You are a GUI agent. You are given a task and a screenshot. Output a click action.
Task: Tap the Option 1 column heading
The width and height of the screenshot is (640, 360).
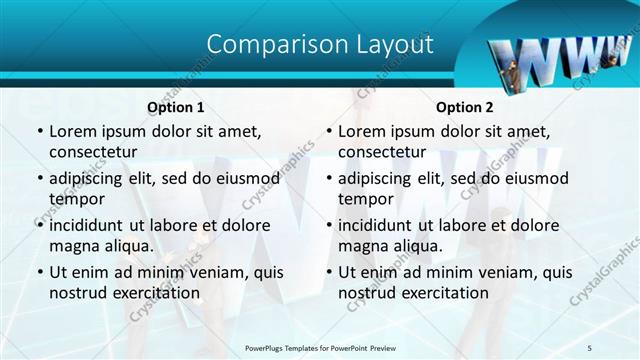tap(176, 107)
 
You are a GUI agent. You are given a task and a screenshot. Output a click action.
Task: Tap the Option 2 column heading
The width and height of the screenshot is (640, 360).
tap(465, 107)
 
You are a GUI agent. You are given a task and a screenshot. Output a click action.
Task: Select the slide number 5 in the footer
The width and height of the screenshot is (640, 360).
tap(590, 347)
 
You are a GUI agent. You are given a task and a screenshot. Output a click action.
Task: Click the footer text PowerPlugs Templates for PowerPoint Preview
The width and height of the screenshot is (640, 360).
tap(320, 347)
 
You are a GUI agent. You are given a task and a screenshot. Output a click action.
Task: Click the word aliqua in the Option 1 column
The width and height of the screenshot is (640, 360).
tap(125, 245)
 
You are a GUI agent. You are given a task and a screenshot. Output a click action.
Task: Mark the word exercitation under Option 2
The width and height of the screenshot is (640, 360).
tap(443, 293)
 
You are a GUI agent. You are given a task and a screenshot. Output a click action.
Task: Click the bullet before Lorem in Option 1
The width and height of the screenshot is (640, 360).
tap(39, 132)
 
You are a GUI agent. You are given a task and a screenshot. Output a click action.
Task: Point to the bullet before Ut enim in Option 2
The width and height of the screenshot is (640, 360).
tap(328, 272)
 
